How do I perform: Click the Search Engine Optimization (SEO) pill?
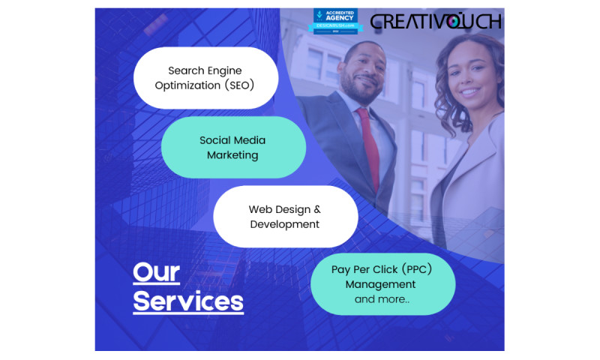205,78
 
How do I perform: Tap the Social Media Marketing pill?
232,147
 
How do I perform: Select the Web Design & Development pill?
285,217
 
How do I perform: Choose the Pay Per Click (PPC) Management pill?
382,283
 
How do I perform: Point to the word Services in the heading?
188,301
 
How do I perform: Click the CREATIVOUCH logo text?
436,21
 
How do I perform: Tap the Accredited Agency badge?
337,20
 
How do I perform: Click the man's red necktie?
369,146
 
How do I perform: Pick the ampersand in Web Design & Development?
316,209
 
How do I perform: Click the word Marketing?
232,155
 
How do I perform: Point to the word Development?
285,224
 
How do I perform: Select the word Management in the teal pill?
380,285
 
